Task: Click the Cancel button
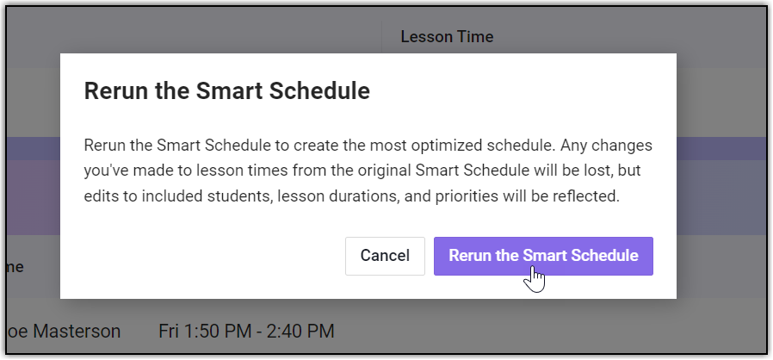tap(385, 256)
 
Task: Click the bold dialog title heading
tap(226, 91)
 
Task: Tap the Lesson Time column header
tap(447, 36)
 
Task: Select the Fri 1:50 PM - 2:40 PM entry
tap(246, 331)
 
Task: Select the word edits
tap(101, 196)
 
